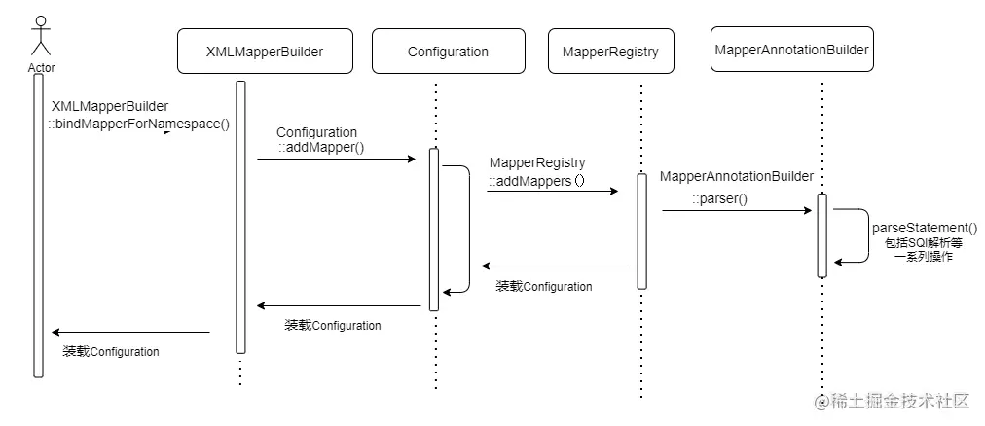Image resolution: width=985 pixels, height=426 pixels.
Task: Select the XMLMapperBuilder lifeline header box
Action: (264, 53)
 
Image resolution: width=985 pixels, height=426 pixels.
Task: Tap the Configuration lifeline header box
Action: (448, 53)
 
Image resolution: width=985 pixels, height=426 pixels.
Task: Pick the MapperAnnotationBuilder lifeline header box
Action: (791, 49)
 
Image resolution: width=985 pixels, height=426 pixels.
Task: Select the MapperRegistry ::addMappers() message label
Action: (537, 171)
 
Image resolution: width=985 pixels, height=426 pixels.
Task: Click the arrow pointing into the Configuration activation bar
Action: (336, 158)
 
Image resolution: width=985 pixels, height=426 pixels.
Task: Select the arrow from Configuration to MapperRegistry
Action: (552, 191)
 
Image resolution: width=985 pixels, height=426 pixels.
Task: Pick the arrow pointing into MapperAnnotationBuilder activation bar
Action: (737, 209)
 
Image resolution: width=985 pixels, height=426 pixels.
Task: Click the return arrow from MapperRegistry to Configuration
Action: (555, 266)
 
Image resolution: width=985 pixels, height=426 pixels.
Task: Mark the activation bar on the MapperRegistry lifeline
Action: (641, 231)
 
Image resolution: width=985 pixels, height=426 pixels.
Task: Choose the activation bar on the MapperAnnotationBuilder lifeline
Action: (822, 235)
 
